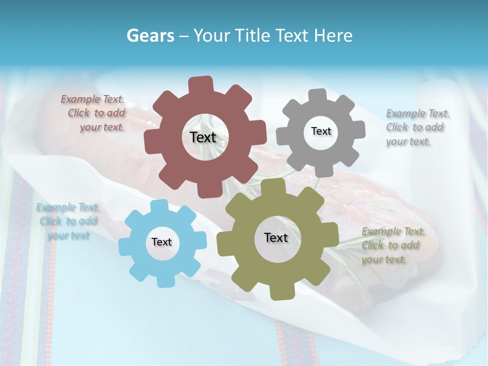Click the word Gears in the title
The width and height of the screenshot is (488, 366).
tap(150, 36)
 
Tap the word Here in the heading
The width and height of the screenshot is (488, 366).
tap(333, 36)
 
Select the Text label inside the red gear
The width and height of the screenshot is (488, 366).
tap(203, 137)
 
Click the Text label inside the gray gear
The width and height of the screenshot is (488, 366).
tap(321, 131)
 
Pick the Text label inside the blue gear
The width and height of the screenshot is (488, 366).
tap(162, 242)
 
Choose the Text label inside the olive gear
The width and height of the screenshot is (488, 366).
tap(276, 237)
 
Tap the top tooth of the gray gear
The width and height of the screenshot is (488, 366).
tap(317, 96)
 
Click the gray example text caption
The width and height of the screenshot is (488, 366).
tap(417, 128)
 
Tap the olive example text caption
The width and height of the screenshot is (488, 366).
tap(392, 246)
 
